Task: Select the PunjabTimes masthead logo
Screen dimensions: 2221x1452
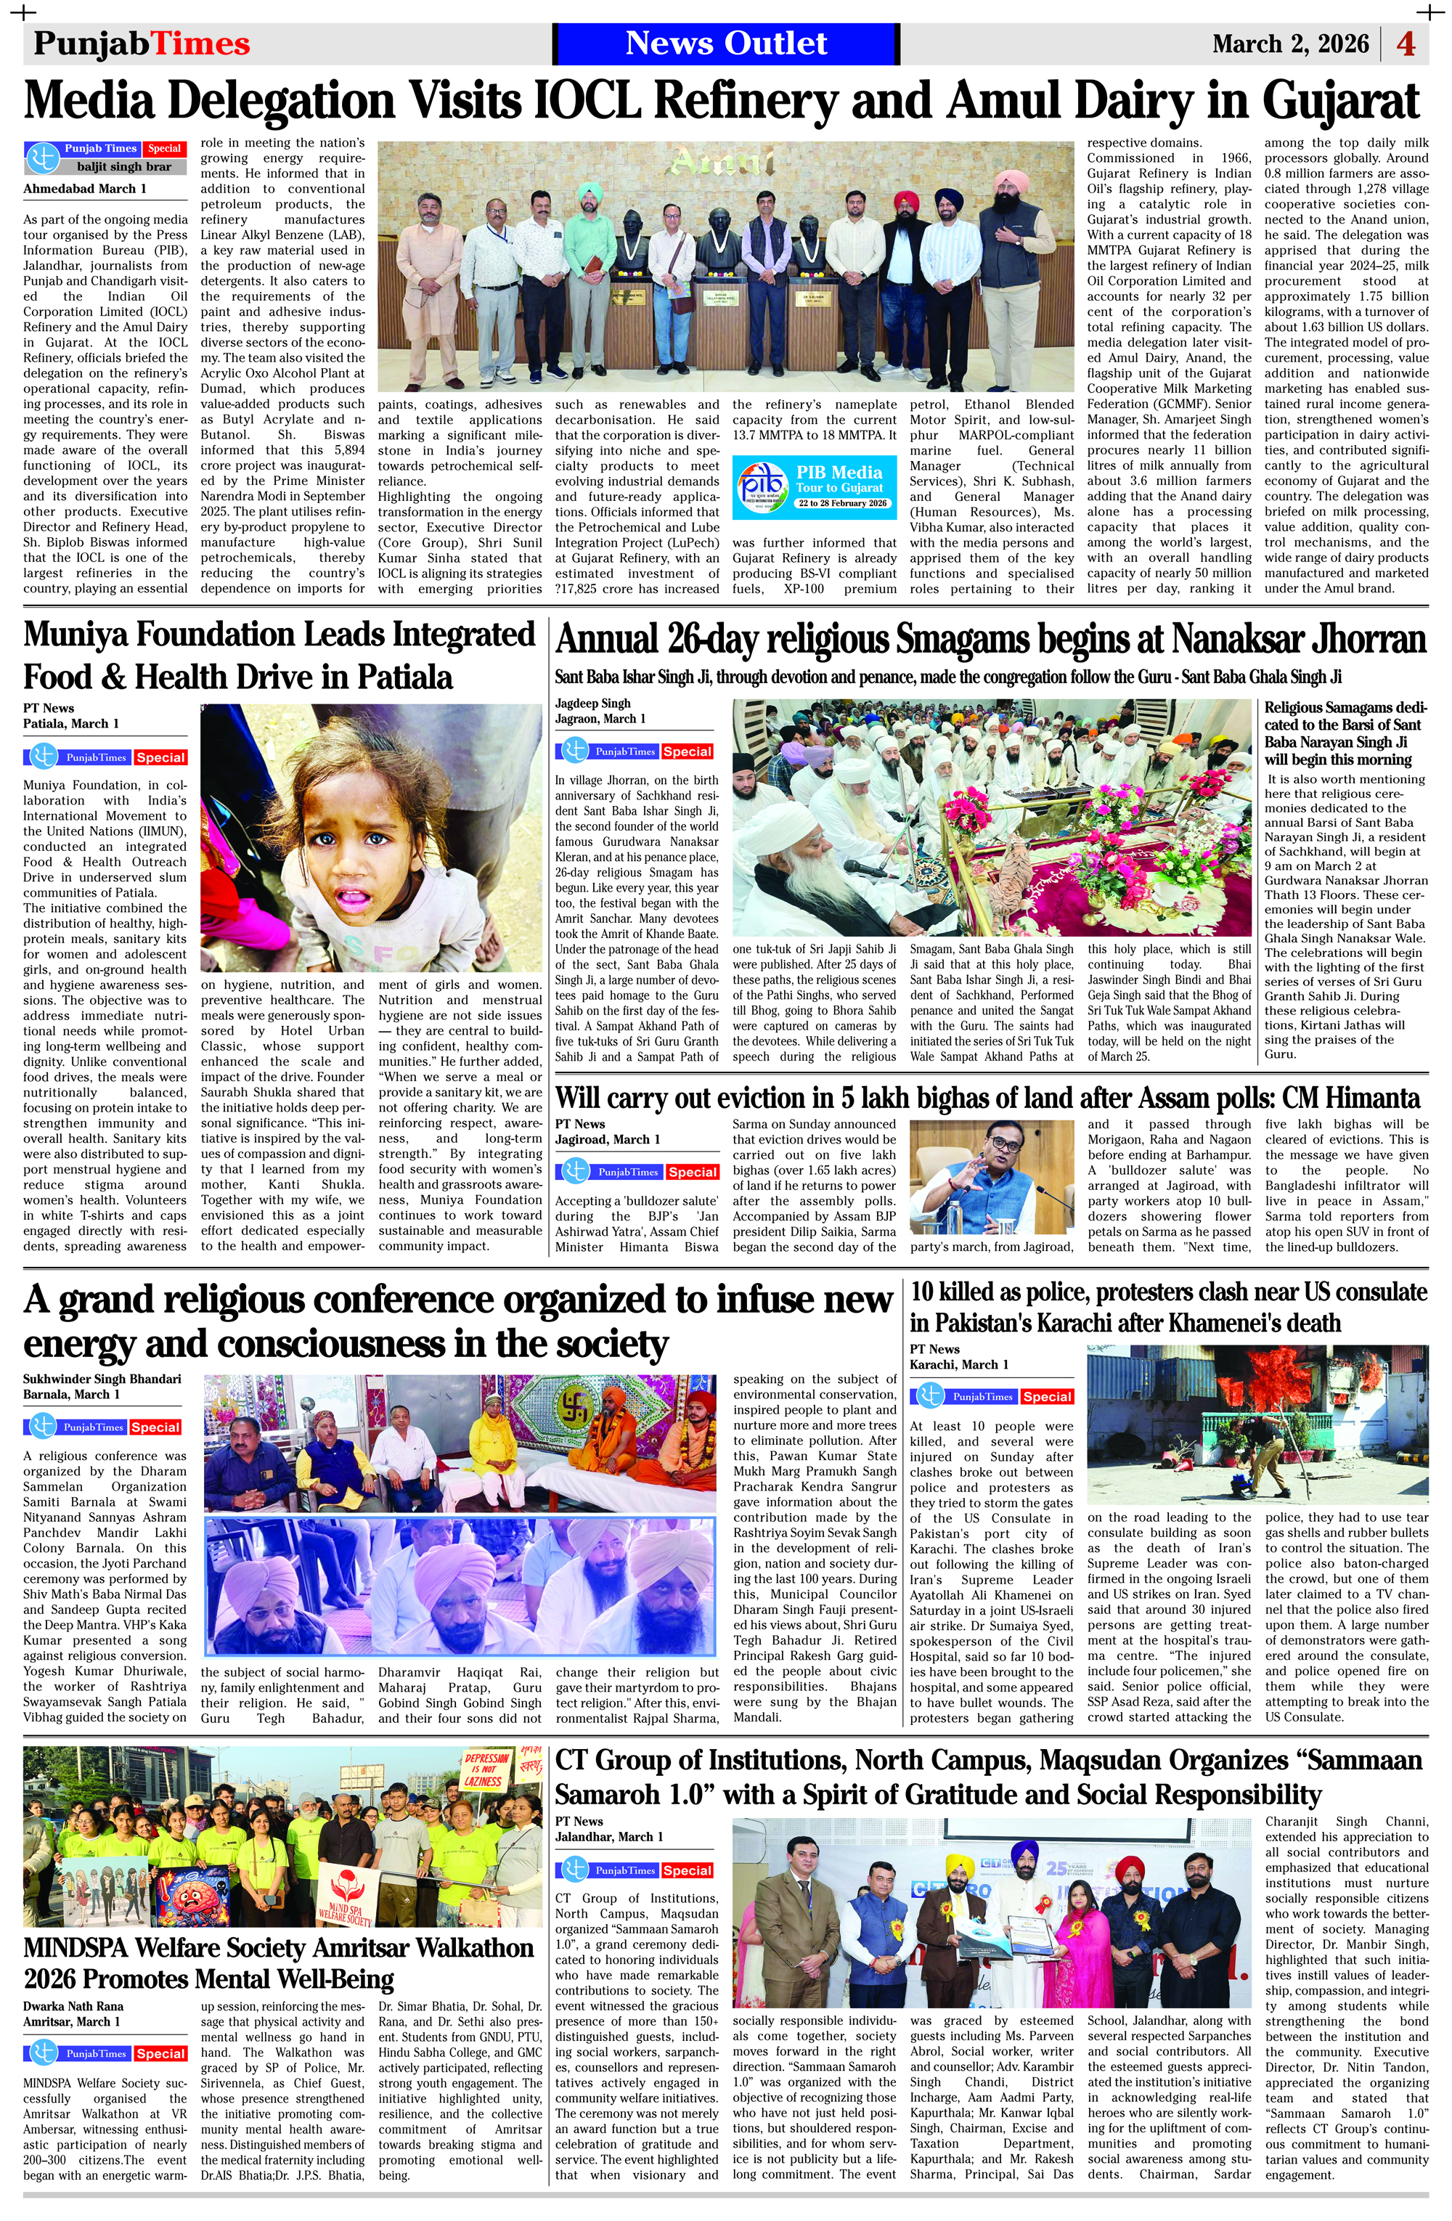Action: (x=142, y=44)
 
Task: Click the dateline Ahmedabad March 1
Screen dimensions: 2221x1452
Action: (x=85, y=189)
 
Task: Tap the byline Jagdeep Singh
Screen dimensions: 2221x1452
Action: (x=592, y=703)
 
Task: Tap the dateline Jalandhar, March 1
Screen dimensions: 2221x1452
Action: (x=609, y=1835)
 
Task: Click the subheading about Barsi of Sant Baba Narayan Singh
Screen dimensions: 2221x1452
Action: (x=1345, y=733)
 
